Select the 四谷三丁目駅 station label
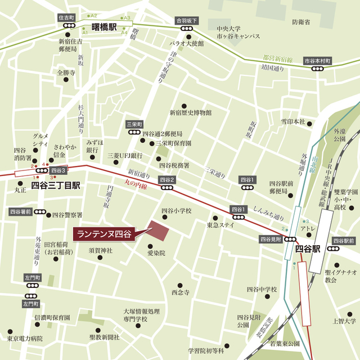[x=56, y=184]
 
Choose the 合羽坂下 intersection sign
[x=187, y=20]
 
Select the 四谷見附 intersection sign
[x=271, y=239]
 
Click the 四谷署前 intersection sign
[x=20, y=212]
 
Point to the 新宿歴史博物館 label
[x=191, y=112]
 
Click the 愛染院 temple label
[x=156, y=254]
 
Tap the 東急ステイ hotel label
[x=220, y=226]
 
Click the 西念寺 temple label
[x=181, y=292]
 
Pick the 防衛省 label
[x=301, y=22]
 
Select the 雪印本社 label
[x=293, y=121]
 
